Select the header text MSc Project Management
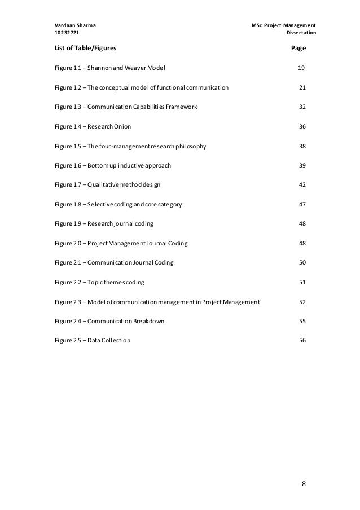coord(283,25)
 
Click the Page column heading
coord(298,48)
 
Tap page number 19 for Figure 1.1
coord(301,68)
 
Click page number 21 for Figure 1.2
coord(301,88)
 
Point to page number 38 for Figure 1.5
coord(301,146)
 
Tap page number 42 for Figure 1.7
coord(301,185)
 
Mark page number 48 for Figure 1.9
coord(301,224)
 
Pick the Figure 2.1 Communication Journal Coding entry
coord(114,263)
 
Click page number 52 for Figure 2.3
coord(301,302)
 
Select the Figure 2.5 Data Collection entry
coord(92,341)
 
